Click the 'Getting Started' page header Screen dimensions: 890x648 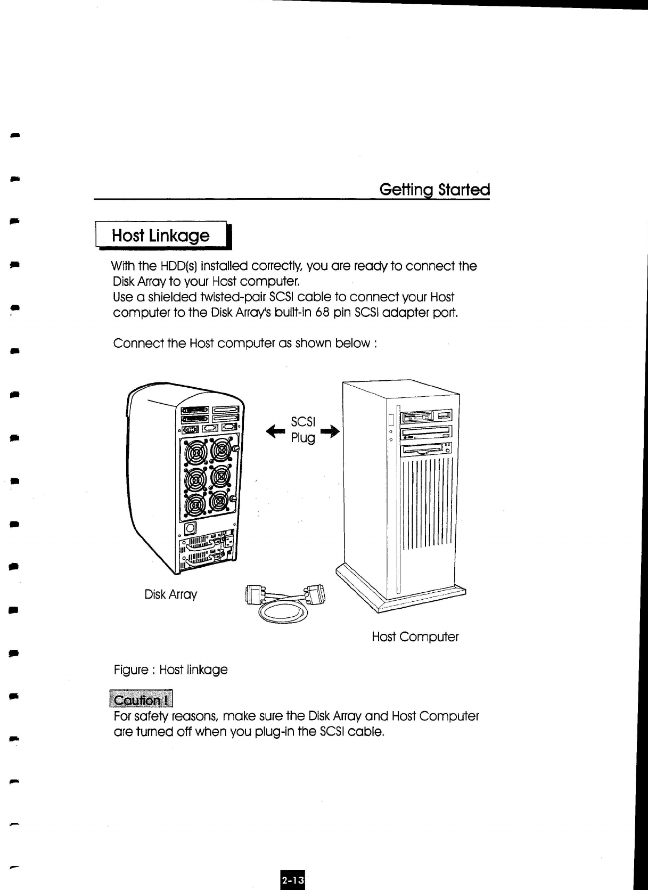[x=434, y=190]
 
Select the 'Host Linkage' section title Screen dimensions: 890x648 [x=160, y=235]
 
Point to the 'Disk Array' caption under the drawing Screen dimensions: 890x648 [x=170, y=594]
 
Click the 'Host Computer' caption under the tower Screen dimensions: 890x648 [x=415, y=637]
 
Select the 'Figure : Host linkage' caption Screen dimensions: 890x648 [x=170, y=669]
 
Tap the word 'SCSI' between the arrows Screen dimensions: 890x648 [x=303, y=422]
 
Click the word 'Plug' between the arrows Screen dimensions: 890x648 [x=302, y=438]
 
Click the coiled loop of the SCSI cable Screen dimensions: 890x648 [x=283, y=615]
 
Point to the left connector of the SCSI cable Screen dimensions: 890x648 [x=254, y=594]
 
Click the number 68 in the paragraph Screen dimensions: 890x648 [x=321, y=312]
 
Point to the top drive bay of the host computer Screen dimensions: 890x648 [x=426, y=417]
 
